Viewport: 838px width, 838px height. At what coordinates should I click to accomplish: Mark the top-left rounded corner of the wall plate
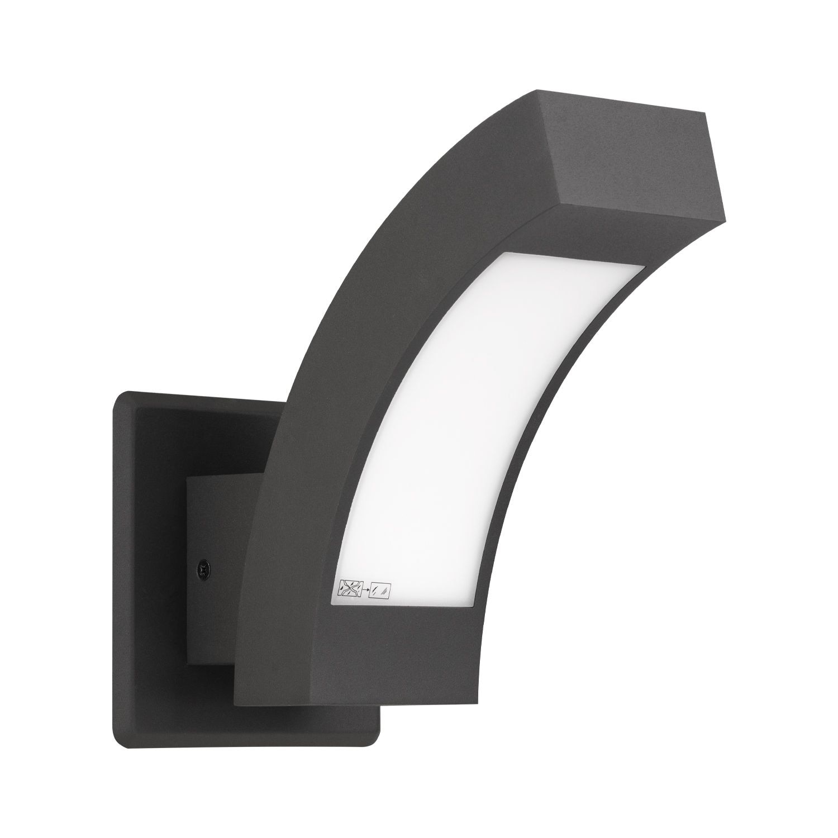(120, 398)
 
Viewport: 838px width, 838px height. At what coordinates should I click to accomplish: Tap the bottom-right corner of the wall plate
(375, 739)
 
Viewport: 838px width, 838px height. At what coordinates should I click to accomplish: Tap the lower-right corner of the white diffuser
(475, 606)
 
